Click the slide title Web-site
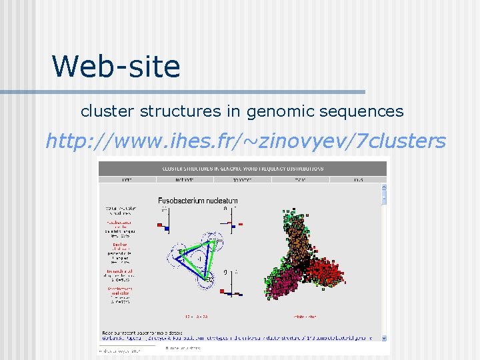tap(116, 67)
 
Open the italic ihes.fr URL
tap(245, 141)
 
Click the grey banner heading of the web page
tap(241, 167)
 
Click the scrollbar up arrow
tap(383, 187)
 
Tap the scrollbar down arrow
tap(383, 337)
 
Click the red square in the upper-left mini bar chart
tap(160, 225)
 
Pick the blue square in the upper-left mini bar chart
tap(167, 229)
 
